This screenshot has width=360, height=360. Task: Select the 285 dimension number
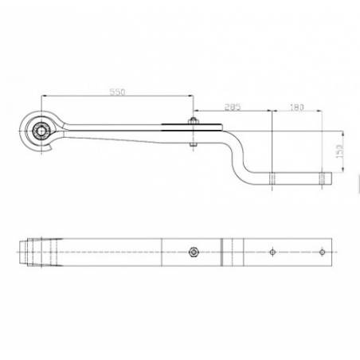pyautogui.click(x=233, y=105)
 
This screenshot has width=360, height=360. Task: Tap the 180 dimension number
pyautogui.click(x=298, y=105)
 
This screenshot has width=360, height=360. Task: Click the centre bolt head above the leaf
pyautogui.click(x=191, y=120)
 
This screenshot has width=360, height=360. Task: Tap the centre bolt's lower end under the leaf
pyautogui.click(x=191, y=146)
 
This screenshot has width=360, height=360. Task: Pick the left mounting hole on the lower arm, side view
pyautogui.click(x=272, y=176)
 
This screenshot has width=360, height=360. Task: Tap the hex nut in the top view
pyautogui.click(x=192, y=252)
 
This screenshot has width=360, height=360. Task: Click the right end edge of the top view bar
pyautogui.click(x=334, y=252)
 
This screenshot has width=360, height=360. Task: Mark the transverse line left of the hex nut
pyautogui.click(x=162, y=252)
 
